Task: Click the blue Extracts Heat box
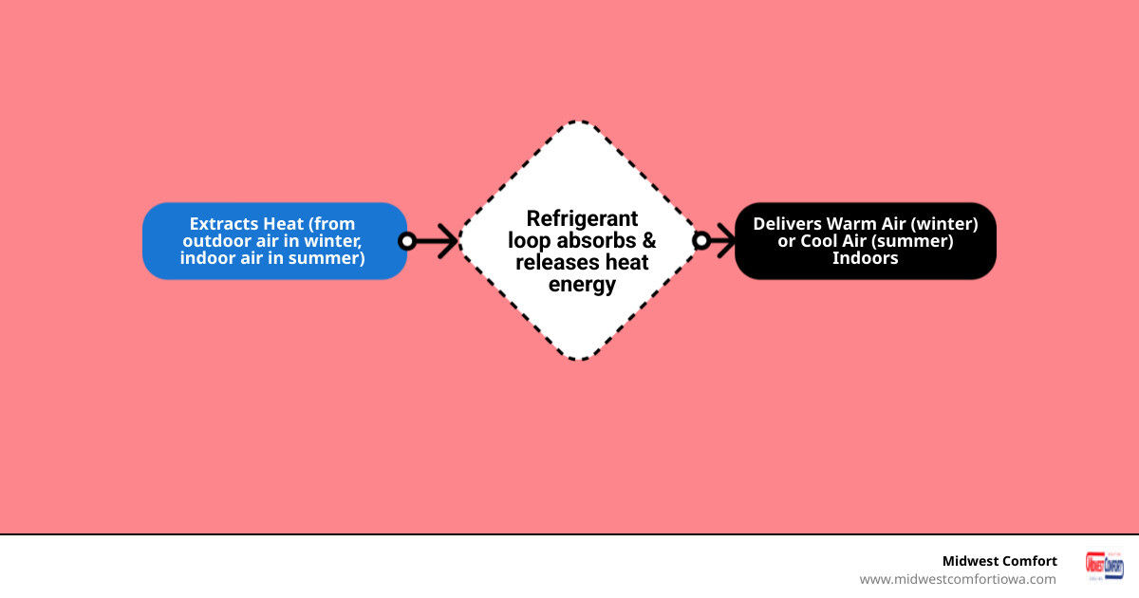[274, 241]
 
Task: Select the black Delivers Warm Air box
[865, 241]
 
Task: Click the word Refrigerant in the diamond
[582, 219]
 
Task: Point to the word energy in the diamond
[582, 284]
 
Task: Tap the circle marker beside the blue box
[407, 241]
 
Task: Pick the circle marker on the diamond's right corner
[701, 241]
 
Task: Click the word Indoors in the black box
[865, 258]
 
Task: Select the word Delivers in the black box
[787, 224]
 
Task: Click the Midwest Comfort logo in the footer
[1104, 567]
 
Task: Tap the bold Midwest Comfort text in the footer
[999, 561]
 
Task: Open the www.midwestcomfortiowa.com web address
[957, 579]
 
